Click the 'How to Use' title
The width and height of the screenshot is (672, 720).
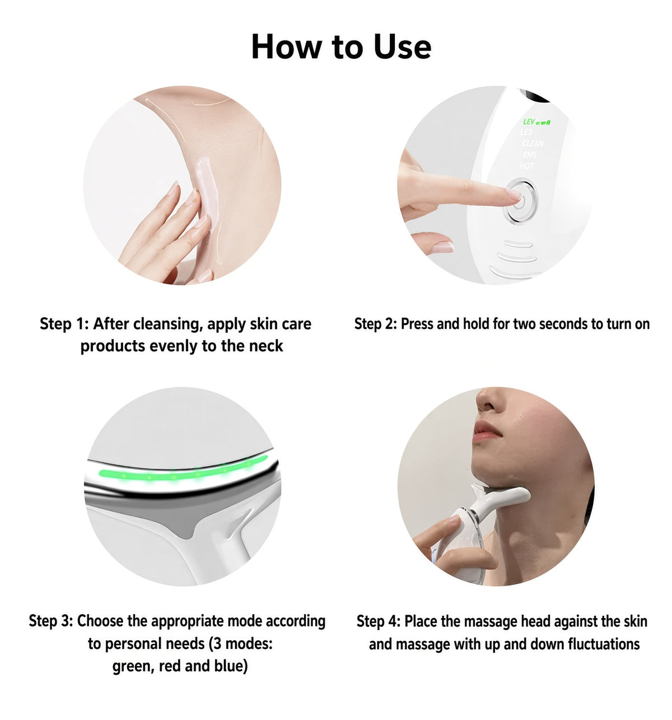pyautogui.click(x=341, y=47)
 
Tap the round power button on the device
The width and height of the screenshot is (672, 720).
pyautogui.click(x=520, y=201)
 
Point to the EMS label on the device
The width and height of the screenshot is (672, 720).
pyautogui.click(x=529, y=155)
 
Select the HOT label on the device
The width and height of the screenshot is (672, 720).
pyautogui.click(x=526, y=166)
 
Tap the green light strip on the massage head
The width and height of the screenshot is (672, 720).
pyautogui.click(x=183, y=470)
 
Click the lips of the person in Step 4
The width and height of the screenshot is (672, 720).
pyautogui.click(x=486, y=431)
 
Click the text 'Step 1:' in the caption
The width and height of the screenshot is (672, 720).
pyautogui.click(x=64, y=324)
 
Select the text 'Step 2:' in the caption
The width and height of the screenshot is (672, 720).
pyautogui.click(x=376, y=324)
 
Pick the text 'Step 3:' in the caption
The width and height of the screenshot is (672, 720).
pyautogui.click(x=51, y=621)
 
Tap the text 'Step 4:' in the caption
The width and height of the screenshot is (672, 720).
pyautogui.click(x=379, y=621)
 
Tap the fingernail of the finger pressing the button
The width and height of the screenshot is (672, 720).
pyautogui.click(x=514, y=194)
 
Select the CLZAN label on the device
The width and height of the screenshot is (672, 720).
pyautogui.click(x=533, y=143)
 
